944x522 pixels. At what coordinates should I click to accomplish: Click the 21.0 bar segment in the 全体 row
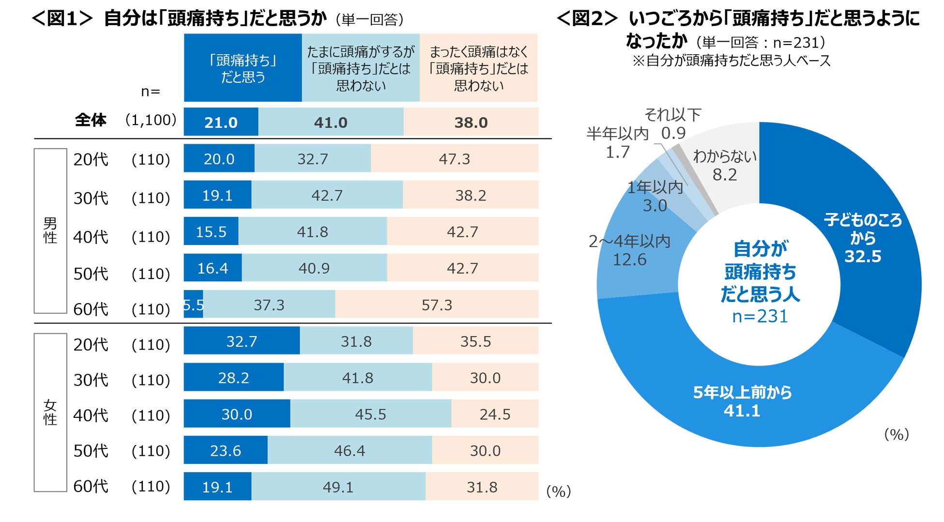tap(221, 122)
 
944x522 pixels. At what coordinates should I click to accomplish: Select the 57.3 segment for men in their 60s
tap(437, 305)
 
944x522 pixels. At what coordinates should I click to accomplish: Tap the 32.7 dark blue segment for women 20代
tap(242, 341)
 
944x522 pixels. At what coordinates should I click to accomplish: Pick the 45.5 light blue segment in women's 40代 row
tap(370, 414)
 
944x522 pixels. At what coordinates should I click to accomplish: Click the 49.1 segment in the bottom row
tap(338, 487)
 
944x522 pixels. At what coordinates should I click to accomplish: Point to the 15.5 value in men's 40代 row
tap(211, 231)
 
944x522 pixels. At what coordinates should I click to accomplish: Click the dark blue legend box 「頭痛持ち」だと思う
tap(243, 68)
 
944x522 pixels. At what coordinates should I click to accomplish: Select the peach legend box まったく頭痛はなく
tap(478, 68)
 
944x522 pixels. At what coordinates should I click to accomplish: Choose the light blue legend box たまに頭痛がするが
tap(361, 68)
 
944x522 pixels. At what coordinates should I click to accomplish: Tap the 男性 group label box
tap(50, 230)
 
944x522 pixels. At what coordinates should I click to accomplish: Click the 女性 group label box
tap(50, 412)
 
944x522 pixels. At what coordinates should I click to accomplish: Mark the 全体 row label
tap(91, 120)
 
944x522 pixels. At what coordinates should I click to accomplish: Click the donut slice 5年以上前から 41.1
tap(742, 401)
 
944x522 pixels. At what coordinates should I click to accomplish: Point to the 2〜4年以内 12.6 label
tap(629, 250)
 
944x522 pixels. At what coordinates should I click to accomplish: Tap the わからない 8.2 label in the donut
tap(725, 165)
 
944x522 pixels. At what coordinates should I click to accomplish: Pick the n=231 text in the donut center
tap(760, 316)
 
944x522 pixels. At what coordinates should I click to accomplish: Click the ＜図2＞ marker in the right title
tap(587, 18)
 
